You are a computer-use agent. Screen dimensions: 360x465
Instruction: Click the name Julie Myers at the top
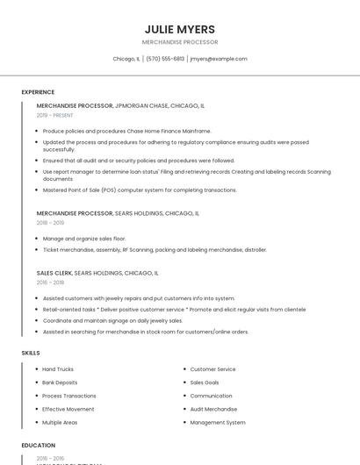click(180, 29)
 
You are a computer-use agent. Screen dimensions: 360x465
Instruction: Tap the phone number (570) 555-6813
click(165, 59)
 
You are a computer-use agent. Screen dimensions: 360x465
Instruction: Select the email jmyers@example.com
click(219, 59)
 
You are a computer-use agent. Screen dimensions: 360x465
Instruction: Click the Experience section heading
click(38, 92)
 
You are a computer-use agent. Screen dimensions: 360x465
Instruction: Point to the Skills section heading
click(31, 353)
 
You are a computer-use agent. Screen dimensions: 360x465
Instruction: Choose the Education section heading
click(39, 446)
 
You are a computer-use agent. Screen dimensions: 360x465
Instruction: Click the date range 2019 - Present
click(55, 115)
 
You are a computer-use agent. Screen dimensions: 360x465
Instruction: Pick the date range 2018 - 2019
click(51, 223)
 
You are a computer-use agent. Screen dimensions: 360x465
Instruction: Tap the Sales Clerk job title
click(54, 273)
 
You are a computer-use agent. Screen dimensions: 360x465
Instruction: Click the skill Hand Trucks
click(58, 369)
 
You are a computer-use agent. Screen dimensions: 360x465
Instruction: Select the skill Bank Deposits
click(60, 383)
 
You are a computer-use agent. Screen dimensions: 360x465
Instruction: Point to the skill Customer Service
click(212, 369)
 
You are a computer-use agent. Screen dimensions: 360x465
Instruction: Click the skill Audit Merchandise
click(213, 409)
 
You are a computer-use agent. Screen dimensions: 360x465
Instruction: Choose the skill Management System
click(218, 422)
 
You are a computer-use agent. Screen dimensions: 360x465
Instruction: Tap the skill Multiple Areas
click(60, 422)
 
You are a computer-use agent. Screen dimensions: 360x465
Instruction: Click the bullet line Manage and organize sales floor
click(84, 239)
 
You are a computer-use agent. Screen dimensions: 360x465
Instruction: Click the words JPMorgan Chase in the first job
click(141, 105)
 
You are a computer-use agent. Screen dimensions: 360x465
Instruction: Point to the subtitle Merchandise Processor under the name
click(180, 42)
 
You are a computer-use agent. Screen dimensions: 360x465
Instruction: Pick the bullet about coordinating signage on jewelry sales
click(112, 320)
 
